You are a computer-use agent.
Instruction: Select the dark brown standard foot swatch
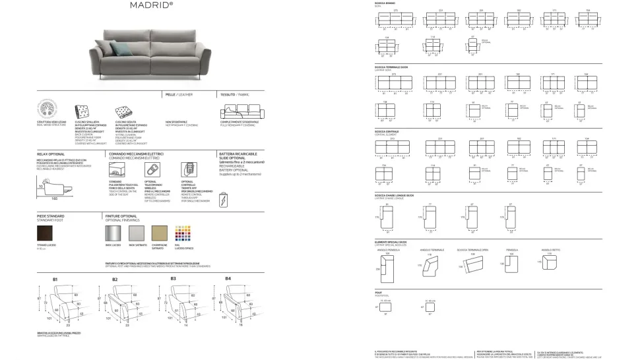coord(47,232)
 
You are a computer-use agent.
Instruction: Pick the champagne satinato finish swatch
coord(159,232)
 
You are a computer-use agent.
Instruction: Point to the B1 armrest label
coord(56,279)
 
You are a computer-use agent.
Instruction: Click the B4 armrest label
coord(228,279)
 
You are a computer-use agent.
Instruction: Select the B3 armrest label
coord(174,279)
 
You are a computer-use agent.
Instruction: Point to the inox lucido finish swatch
coord(113,232)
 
